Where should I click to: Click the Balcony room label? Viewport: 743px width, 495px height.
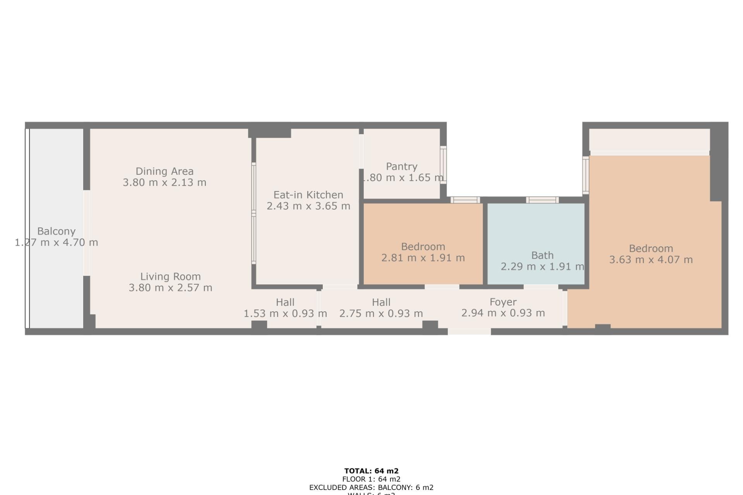tap(56, 231)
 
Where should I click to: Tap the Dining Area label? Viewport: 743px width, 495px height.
tap(164, 171)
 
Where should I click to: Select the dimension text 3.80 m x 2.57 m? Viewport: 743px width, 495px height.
tap(170, 288)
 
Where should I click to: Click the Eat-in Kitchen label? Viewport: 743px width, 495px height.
tap(308, 195)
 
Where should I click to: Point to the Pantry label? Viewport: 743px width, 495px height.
tap(402, 167)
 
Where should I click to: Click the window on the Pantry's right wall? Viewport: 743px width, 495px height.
tap(443, 165)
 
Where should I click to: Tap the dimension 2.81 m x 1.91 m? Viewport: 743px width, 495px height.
tap(423, 258)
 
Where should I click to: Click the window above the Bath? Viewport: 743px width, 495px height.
tap(542, 200)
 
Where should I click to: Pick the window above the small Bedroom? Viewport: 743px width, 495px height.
tap(465, 200)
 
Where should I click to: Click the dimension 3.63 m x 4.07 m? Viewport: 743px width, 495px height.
tap(651, 260)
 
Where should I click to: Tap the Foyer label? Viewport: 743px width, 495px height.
tap(503, 302)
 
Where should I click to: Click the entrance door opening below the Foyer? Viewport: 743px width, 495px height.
tap(469, 331)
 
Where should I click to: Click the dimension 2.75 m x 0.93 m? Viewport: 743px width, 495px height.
tap(381, 314)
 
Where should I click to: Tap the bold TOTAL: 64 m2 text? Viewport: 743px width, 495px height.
tap(371, 471)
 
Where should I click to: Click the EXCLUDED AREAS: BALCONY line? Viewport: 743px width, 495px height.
tap(371, 488)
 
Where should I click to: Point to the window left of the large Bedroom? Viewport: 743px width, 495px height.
tap(586, 175)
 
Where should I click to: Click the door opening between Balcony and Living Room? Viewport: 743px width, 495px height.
tap(87, 233)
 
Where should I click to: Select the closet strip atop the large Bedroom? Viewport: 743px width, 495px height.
tap(649, 140)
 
